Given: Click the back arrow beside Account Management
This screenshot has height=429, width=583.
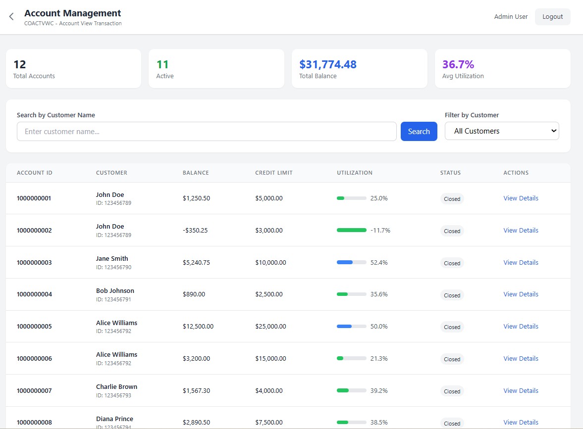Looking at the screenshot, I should [x=11, y=17].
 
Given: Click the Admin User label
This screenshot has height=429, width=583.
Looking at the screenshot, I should [x=511, y=17].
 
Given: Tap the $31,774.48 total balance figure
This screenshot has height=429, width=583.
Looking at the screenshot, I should [x=327, y=64].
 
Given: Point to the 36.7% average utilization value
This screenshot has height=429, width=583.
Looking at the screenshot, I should [x=458, y=64].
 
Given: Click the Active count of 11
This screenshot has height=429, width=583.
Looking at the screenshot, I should [x=162, y=64].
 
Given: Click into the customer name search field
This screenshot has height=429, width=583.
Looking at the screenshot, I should [x=206, y=132].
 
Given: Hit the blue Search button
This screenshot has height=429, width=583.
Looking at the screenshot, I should [x=419, y=132].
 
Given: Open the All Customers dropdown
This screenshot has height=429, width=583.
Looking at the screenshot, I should [x=501, y=131].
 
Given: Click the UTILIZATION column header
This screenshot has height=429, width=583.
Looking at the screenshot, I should [x=354, y=173].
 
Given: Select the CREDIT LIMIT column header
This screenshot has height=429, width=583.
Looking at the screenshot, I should [x=273, y=173].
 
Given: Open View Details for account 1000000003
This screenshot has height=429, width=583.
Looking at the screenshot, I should [x=521, y=263].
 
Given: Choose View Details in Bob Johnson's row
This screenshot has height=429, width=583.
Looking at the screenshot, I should [x=521, y=294].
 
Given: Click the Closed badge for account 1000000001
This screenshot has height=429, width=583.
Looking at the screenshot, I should [x=452, y=199].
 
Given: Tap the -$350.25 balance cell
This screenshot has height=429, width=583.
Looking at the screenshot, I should [x=195, y=231].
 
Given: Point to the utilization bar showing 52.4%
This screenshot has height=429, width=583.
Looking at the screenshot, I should [x=351, y=263].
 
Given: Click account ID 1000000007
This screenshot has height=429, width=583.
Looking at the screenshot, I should [x=34, y=391].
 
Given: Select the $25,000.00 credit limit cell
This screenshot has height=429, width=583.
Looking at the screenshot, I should [x=270, y=327].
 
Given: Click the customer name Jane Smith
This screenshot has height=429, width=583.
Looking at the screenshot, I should [x=112, y=259].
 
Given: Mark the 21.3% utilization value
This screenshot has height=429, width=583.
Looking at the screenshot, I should [x=379, y=359].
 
